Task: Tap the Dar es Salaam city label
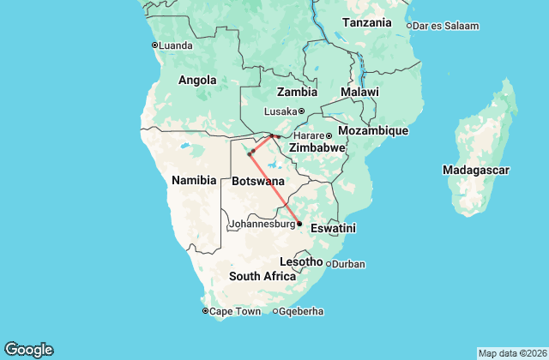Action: coord(446,26)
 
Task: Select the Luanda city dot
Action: coord(154,45)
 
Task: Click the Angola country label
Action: coord(196,80)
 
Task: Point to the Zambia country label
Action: coord(297,92)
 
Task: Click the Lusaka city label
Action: coord(281,111)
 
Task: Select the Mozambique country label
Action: coord(373,130)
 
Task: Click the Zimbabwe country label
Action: coord(317,148)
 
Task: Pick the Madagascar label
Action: coord(477,171)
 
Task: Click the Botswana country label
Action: coord(258,182)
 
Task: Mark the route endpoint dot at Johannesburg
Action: coord(299,224)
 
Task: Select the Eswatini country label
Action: coord(333,229)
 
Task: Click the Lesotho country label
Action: coord(301,261)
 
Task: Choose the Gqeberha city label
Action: coord(302,311)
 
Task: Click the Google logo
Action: coord(28,350)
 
